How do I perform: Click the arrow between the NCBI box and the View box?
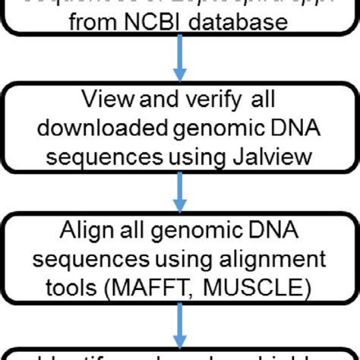(x=180, y=63)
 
